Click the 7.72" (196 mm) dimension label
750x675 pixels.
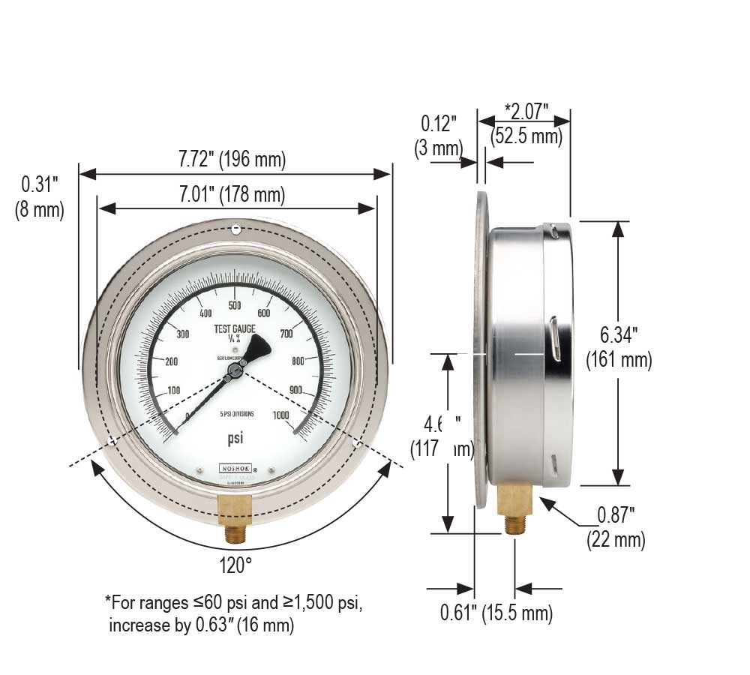pos(232,159)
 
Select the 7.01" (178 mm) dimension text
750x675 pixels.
pos(232,196)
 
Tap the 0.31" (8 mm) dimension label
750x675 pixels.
pos(39,196)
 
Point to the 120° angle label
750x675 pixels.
pos(235,565)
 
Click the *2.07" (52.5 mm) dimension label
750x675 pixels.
pos(526,124)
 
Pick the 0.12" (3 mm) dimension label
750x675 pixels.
pos(438,135)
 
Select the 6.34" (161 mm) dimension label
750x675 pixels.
pos(619,346)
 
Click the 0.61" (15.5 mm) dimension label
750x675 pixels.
pos(496,613)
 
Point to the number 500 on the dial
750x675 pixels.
pos(234,305)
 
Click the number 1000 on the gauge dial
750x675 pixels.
pos(282,415)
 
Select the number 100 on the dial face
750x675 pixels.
pos(173,390)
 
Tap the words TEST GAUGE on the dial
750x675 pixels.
pos(235,329)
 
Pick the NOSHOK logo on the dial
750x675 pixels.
pos(235,466)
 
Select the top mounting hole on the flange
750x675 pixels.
pos(235,228)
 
